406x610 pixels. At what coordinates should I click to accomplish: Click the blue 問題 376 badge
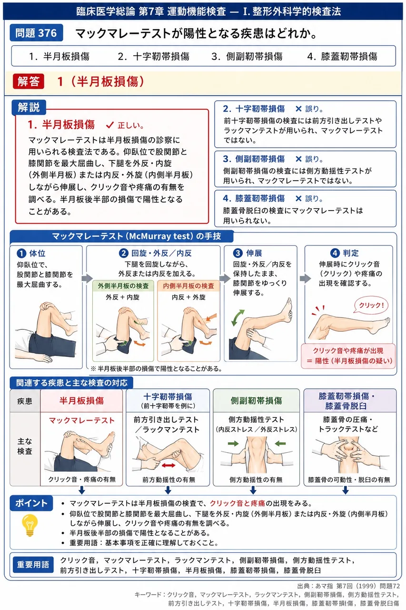(36, 33)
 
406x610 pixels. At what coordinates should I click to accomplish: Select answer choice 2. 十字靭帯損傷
(153, 56)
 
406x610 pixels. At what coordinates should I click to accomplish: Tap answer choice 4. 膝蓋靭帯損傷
(342, 56)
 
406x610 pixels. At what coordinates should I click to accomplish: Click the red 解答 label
(28, 81)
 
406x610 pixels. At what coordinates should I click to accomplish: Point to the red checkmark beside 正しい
(109, 125)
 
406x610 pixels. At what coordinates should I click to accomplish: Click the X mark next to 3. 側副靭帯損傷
(298, 159)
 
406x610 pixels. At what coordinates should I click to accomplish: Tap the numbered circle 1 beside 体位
(21, 253)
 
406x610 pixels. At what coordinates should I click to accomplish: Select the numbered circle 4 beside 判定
(335, 253)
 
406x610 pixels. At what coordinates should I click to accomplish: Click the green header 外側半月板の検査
(123, 285)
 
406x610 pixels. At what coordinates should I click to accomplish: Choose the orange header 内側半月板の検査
(188, 285)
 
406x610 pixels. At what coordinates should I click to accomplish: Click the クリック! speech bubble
(371, 305)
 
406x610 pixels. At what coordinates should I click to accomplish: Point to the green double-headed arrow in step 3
(238, 317)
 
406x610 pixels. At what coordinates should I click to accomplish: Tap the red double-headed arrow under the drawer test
(168, 465)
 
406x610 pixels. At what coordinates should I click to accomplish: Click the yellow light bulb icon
(30, 525)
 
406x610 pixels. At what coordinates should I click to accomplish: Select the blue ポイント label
(31, 503)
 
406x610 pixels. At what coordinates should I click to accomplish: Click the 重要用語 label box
(33, 565)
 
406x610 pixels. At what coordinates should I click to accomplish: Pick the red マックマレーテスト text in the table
(82, 420)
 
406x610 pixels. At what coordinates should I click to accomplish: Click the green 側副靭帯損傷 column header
(256, 400)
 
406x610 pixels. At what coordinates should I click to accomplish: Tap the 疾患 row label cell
(25, 401)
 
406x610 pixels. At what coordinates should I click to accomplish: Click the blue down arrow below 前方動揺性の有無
(168, 490)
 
